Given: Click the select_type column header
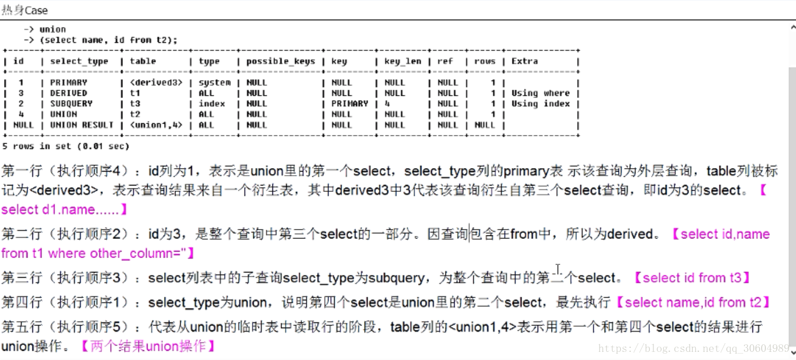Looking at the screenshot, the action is (79, 61).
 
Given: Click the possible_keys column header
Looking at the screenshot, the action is (281, 61).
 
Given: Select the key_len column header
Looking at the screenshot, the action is (402, 61).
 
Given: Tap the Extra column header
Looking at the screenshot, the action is (524, 61).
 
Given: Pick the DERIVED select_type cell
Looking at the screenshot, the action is (68, 93).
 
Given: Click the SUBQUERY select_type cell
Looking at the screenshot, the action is (71, 104).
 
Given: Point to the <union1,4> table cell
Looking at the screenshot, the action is (157, 125).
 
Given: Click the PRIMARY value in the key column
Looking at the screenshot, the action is (350, 104).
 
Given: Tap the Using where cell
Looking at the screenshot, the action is (540, 93).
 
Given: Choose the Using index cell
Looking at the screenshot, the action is (540, 104).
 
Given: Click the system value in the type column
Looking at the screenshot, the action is (215, 82).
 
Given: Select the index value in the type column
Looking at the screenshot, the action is (212, 104).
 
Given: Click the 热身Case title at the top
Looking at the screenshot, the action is (25, 10).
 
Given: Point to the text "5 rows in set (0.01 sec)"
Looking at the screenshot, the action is (66, 146).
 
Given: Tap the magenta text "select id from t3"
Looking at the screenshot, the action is (692, 278).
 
